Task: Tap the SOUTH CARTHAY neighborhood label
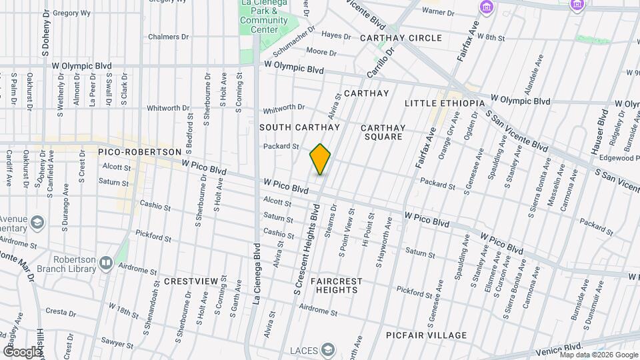click(x=299, y=127)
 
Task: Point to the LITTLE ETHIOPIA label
click(x=445, y=103)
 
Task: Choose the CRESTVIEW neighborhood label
click(x=191, y=281)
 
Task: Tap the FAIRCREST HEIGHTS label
click(x=336, y=285)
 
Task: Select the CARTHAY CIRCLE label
click(x=401, y=38)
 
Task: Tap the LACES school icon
click(x=327, y=350)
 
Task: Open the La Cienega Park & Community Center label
click(x=264, y=17)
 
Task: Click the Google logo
click(x=22, y=351)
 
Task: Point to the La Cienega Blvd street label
click(x=256, y=274)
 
